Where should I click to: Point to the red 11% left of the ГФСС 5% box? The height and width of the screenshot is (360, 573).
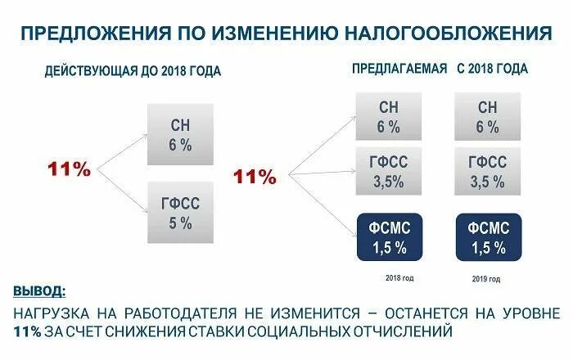pos(70,169)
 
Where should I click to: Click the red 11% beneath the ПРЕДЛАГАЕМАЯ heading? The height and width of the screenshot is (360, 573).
pos(255,177)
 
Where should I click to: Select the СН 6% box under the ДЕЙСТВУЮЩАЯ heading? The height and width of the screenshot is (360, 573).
pos(181,135)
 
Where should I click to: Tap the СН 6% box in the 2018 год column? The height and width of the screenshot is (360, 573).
pos(389,116)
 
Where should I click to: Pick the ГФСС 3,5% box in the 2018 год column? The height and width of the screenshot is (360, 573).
pos(389,173)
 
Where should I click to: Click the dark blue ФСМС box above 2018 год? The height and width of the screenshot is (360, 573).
pos(389,236)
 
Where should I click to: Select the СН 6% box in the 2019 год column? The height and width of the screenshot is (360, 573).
pos(486,116)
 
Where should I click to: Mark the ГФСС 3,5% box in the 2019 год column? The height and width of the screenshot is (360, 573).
pos(486,173)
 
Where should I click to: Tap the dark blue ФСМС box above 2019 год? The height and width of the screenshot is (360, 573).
pos(486,236)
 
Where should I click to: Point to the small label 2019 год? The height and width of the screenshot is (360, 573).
pos(486,279)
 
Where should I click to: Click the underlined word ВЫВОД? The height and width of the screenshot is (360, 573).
pos(41,292)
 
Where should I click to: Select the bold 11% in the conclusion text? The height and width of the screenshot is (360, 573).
pos(29,331)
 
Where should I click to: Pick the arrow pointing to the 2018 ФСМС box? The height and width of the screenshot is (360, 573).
pos(319,204)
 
